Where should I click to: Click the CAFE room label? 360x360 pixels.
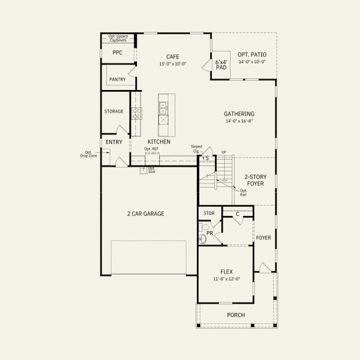[x=173, y=56]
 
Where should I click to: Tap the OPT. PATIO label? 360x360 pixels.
[x=252, y=55]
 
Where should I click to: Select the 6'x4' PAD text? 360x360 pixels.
[x=221, y=64]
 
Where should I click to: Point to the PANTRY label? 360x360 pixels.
[x=117, y=79]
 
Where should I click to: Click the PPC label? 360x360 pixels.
[x=117, y=52]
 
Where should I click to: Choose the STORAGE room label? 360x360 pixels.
[x=113, y=111]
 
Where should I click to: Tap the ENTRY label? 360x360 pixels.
[x=113, y=142]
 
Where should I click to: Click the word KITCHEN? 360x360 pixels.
[x=158, y=142]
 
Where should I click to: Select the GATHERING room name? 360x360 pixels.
[x=239, y=113]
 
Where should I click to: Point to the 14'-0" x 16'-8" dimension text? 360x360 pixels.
[x=239, y=121]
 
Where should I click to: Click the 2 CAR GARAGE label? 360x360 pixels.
[x=145, y=214]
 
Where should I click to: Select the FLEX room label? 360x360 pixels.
[x=227, y=271]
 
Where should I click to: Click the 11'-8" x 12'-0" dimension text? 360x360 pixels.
[x=227, y=279]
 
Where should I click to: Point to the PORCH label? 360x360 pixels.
[x=235, y=315]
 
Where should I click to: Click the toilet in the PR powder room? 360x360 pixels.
[x=203, y=239]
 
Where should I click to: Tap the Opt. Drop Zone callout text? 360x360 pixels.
[x=92, y=154]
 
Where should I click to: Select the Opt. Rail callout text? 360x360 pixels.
[x=243, y=192]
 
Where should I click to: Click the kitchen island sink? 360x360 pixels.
[x=163, y=108]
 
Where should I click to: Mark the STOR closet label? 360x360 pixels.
[x=209, y=213]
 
